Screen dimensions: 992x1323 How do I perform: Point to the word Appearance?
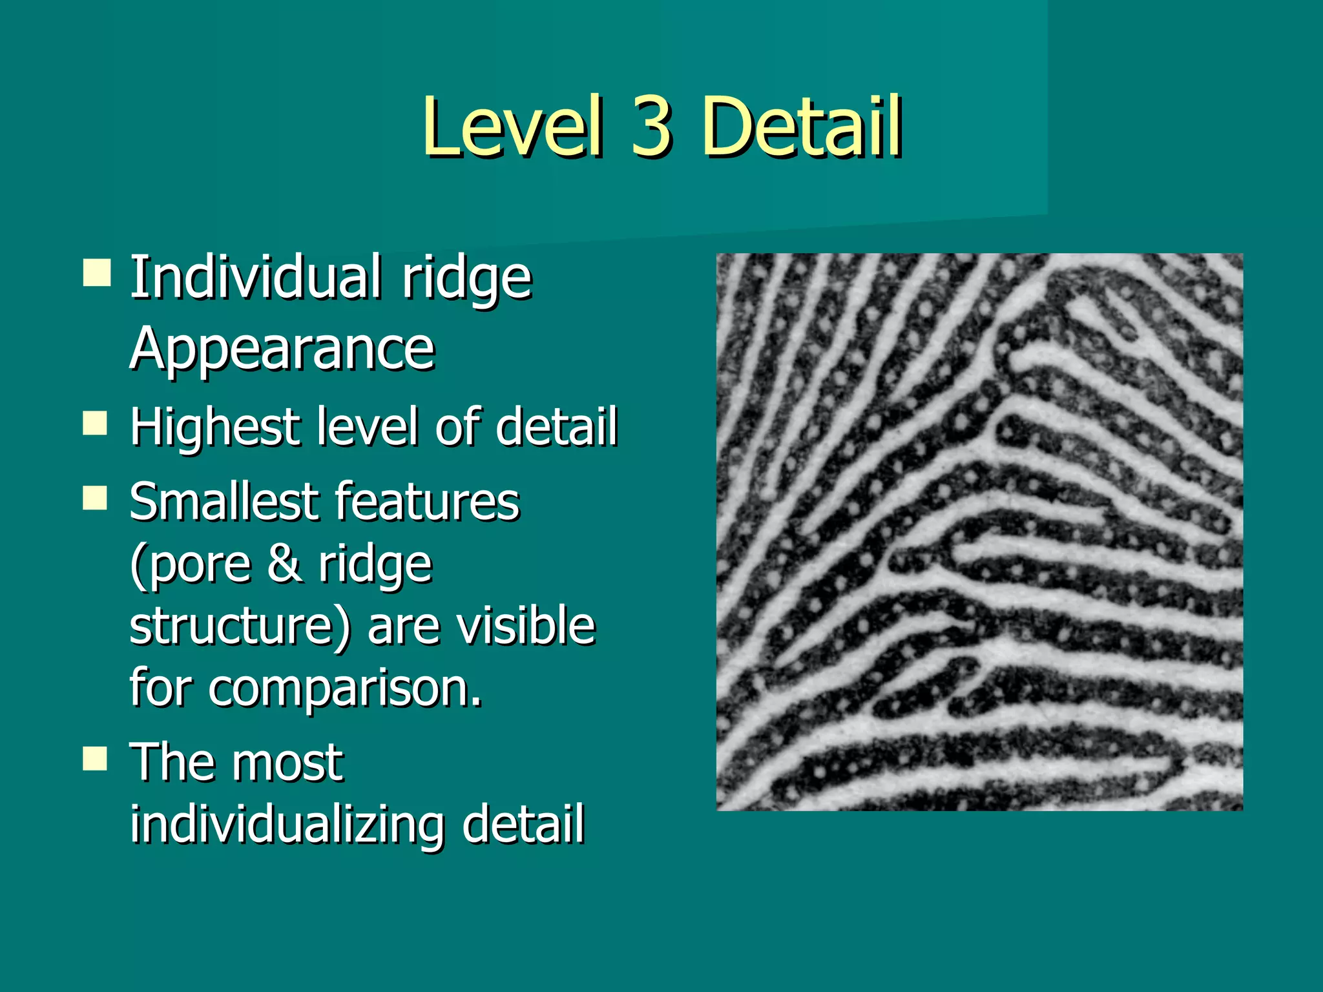282,350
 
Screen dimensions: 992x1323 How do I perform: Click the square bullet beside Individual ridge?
96,273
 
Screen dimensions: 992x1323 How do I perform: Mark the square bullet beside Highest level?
96,424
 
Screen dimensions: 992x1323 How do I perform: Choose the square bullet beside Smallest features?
96,499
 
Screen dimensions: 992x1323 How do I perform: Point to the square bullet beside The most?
96,759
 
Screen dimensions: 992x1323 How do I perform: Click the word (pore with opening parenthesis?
190,564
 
